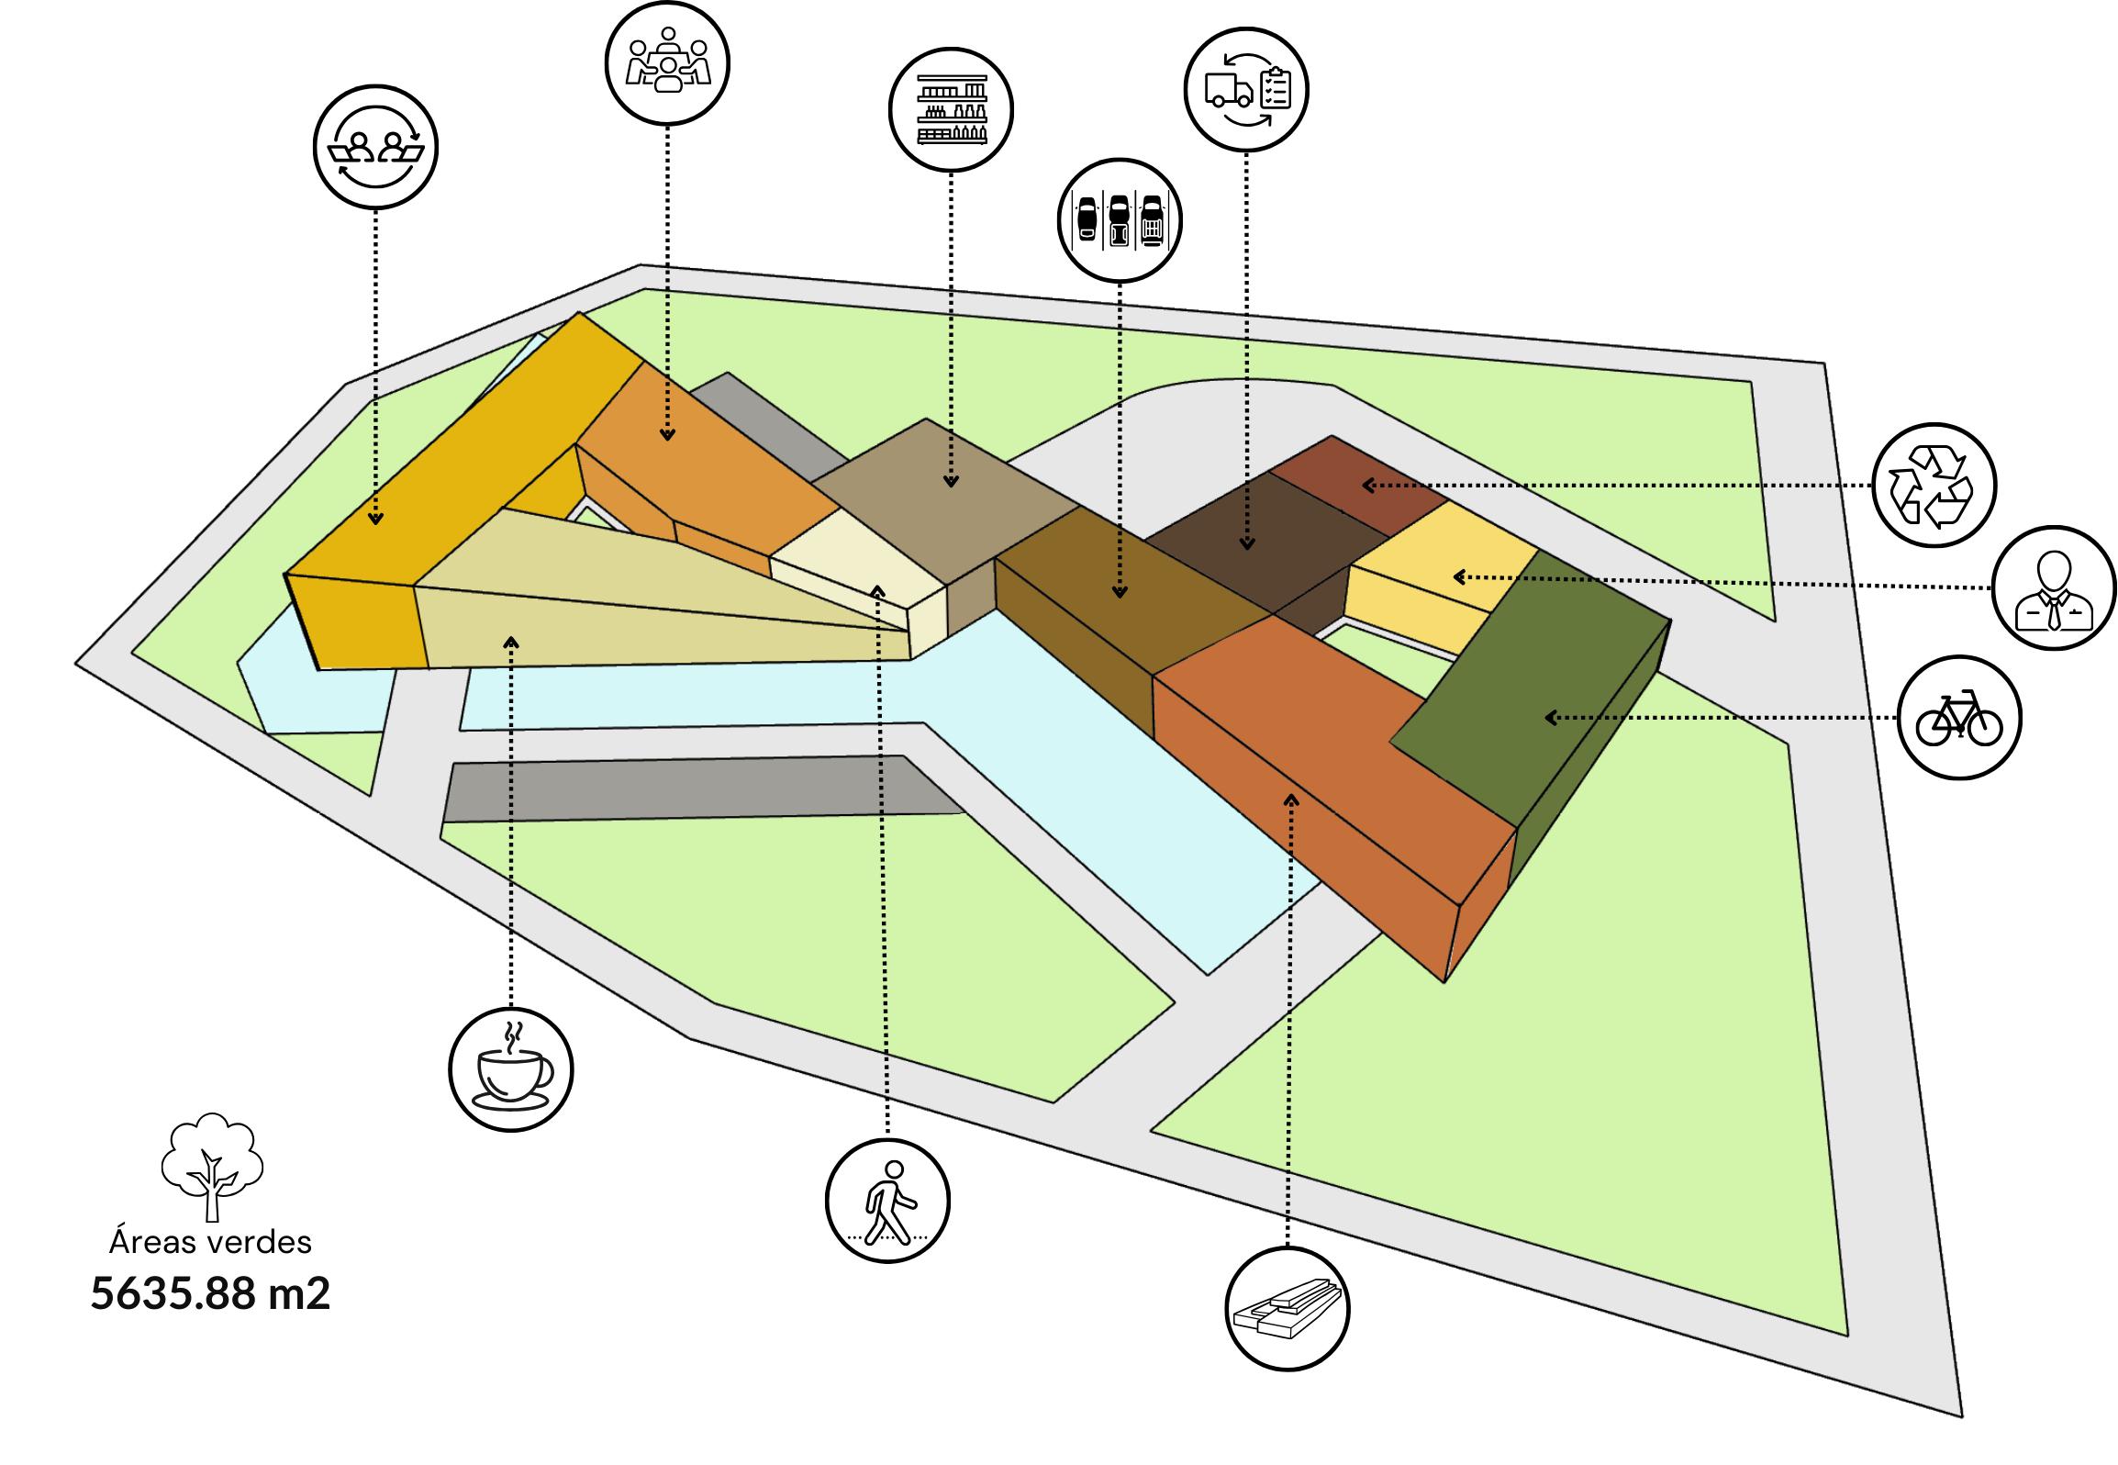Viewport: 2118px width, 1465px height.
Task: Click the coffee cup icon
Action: pos(511,1069)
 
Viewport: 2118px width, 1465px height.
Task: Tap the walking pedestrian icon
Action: pos(887,1201)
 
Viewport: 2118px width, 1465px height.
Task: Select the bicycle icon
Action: pos(1959,717)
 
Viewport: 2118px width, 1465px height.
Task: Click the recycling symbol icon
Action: pos(1934,484)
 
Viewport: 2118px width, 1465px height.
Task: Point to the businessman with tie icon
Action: pos(2054,587)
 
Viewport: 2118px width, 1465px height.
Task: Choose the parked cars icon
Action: pos(1120,220)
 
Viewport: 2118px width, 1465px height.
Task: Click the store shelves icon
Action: pos(952,109)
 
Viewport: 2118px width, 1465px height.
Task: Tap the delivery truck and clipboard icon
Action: pos(1246,89)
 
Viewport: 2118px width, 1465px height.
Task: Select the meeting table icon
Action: pos(667,62)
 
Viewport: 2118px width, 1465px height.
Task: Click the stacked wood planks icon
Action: pos(1288,1309)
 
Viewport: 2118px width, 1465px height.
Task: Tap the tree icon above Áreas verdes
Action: pos(212,1166)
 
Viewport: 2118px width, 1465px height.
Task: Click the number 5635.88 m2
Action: pos(210,1294)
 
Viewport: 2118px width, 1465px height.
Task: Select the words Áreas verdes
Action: pos(210,1242)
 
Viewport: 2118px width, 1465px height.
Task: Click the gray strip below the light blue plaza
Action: pos(697,788)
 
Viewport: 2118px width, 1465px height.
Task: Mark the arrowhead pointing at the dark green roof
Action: pos(1551,718)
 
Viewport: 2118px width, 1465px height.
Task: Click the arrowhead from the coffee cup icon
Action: pos(511,642)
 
